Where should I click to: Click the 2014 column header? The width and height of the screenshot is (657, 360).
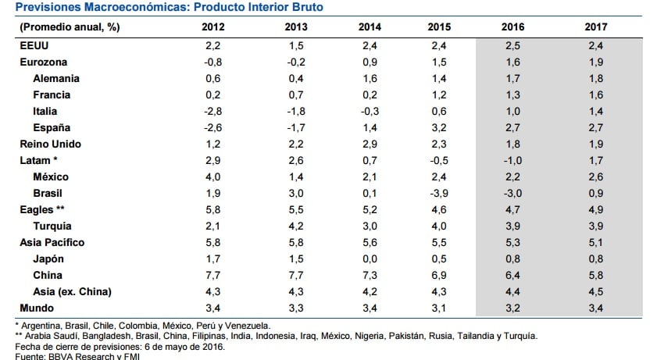[x=370, y=27]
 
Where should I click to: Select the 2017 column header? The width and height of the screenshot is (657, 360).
[x=595, y=27]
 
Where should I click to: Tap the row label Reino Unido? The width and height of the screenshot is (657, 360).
[x=50, y=144]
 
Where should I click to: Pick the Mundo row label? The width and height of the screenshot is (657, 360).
[x=36, y=308]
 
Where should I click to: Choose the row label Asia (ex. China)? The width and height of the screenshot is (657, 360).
[x=73, y=291]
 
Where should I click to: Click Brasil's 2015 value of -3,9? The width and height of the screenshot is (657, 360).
[x=438, y=193]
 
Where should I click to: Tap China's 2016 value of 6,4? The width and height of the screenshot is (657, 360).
[x=513, y=275]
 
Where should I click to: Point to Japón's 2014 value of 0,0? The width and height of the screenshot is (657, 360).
[x=370, y=258]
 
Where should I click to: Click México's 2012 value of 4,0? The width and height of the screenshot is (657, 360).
[x=213, y=176]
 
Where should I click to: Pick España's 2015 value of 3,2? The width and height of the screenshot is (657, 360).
[x=440, y=127]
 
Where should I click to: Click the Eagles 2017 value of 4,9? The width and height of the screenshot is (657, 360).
[x=595, y=209]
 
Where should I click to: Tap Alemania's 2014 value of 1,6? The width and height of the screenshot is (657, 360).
[x=370, y=78]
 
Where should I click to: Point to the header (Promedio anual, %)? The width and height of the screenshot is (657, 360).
[x=69, y=27]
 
